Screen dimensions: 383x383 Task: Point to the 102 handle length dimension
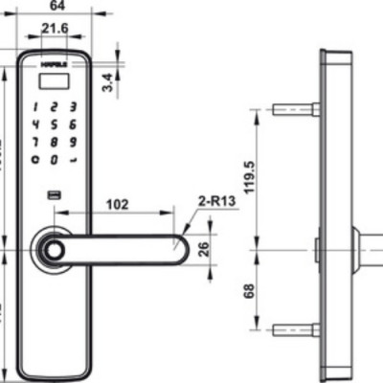tap(119, 203)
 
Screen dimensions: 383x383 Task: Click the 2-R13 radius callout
tap(217, 203)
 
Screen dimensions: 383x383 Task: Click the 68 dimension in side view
tap(250, 289)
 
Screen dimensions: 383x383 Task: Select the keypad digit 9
tap(72, 142)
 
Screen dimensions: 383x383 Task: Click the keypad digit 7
tap(36, 142)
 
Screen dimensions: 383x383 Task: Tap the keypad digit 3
tap(72, 107)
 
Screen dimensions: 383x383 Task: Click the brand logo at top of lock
tap(54, 65)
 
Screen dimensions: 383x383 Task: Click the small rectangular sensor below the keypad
tap(55, 197)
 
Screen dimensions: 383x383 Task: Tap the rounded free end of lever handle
tap(177, 251)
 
